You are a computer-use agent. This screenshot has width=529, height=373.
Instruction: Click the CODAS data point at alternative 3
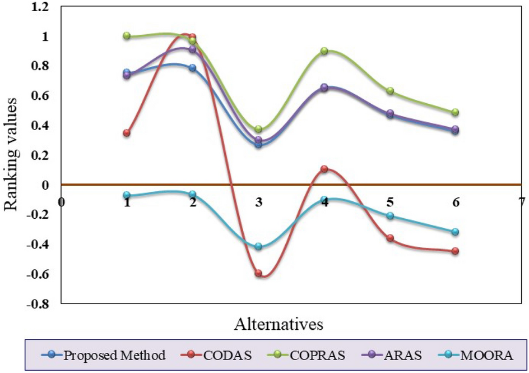[x=258, y=274]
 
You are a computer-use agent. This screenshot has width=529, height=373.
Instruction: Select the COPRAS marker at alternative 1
[x=127, y=36]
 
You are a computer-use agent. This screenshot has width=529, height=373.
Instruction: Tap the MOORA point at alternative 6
[x=455, y=232]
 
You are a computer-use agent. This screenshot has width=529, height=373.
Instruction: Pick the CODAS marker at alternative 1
[x=127, y=133]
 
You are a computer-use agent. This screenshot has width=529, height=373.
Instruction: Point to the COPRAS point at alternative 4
[x=324, y=51]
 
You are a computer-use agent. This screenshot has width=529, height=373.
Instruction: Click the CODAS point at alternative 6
[x=455, y=251]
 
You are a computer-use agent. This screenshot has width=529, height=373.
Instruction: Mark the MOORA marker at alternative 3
[x=258, y=247]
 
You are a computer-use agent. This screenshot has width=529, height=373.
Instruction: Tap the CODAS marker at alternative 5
[x=390, y=238]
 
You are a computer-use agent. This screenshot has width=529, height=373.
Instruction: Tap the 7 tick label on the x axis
[x=521, y=201]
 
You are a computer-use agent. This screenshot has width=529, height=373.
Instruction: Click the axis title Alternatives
[x=279, y=324]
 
